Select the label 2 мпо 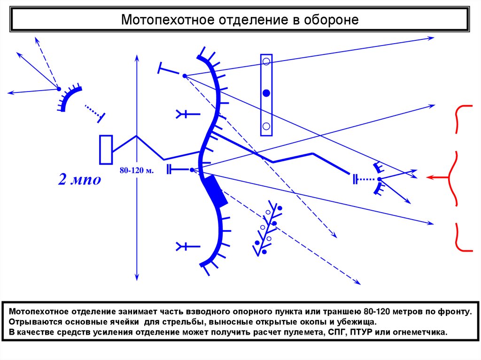pos(79,179)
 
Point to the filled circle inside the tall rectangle pos(266,93)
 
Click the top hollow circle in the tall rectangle pos(266,61)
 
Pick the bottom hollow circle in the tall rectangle pos(266,126)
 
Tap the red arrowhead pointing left pos(429,177)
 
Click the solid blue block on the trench pos(215,191)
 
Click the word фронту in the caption pos(451,311)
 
